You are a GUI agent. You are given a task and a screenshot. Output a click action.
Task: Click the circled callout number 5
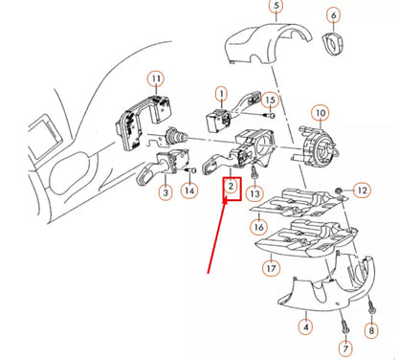(x=276, y=6)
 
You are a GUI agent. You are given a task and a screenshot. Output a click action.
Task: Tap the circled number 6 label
(x=334, y=15)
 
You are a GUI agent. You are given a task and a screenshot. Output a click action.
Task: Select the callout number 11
(x=156, y=79)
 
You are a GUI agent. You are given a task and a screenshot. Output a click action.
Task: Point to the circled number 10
(x=321, y=113)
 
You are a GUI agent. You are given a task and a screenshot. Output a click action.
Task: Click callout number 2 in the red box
(x=231, y=186)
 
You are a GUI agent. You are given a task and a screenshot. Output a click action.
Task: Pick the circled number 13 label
(x=255, y=193)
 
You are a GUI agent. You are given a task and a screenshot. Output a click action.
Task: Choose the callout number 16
(x=258, y=227)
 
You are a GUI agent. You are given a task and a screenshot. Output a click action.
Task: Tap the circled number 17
(x=271, y=268)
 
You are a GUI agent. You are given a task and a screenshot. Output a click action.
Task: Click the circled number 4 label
(x=306, y=327)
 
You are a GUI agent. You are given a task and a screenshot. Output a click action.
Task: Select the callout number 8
(x=371, y=330)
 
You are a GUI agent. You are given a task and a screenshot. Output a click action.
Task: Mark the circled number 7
(x=345, y=348)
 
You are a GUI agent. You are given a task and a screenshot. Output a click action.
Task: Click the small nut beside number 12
(x=339, y=191)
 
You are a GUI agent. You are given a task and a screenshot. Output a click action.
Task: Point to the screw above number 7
(x=345, y=325)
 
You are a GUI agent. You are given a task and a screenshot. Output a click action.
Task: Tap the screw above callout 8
(x=370, y=307)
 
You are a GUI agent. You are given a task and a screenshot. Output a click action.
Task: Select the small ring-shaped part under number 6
(x=334, y=44)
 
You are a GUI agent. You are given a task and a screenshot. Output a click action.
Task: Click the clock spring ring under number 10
(x=319, y=146)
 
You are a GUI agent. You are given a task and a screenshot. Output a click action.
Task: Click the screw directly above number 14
(x=190, y=170)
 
